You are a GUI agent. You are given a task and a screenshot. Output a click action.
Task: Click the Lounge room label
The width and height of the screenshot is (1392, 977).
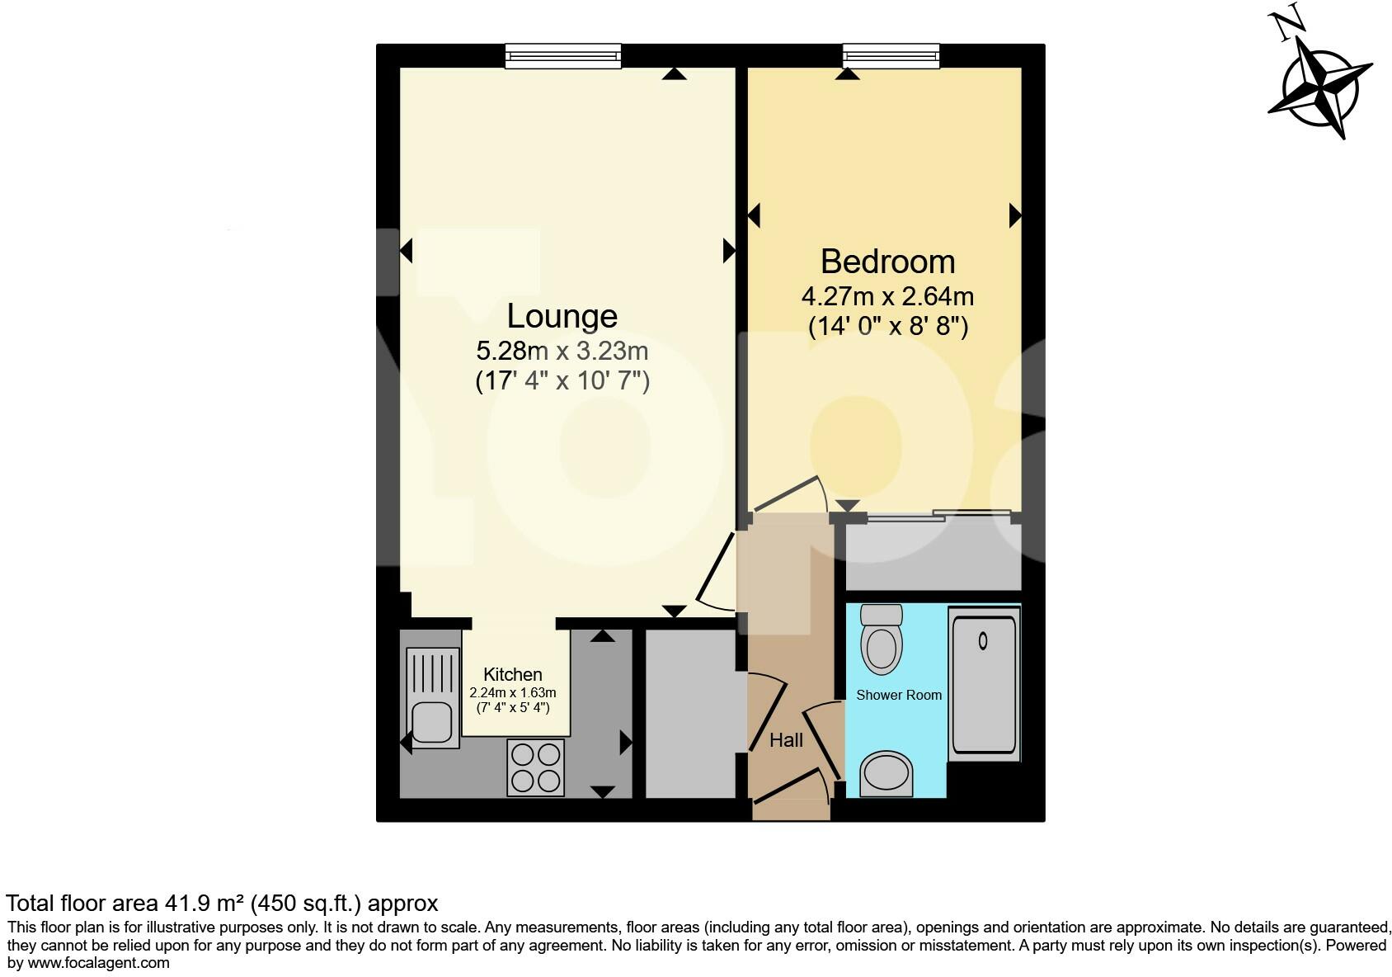tap(562, 316)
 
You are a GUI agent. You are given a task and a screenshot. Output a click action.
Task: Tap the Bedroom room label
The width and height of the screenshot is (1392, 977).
tap(887, 262)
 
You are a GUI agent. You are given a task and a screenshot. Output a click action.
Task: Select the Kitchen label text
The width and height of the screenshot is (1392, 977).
tap(512, 674)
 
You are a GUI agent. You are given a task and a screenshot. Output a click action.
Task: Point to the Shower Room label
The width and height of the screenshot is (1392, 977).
tap(899, 695)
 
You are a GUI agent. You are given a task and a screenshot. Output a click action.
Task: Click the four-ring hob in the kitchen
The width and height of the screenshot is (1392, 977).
tap(536, 767)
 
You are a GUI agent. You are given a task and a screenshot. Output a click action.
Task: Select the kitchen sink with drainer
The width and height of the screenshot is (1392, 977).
tap(433, 697)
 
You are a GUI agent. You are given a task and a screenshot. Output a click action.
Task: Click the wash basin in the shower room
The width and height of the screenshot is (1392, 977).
tap(886, 774)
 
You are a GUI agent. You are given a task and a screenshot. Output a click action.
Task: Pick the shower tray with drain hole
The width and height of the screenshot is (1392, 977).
tap(984, 685)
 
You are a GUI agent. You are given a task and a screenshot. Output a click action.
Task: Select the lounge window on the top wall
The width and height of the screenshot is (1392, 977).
tap(563, 56)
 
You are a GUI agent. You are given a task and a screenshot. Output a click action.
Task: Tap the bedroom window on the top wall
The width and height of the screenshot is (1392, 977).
tap(891, 56)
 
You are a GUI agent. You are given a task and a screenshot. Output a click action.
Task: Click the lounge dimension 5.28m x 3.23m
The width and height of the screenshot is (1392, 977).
tap(562, 352)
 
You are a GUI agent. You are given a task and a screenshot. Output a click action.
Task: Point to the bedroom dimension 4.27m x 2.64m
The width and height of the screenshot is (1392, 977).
tap(887, 296)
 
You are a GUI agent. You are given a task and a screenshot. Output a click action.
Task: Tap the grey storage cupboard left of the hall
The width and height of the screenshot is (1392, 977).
tap(690, 714)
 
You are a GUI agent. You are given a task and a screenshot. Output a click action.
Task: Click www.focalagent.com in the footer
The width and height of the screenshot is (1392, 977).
tap(99, 962)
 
